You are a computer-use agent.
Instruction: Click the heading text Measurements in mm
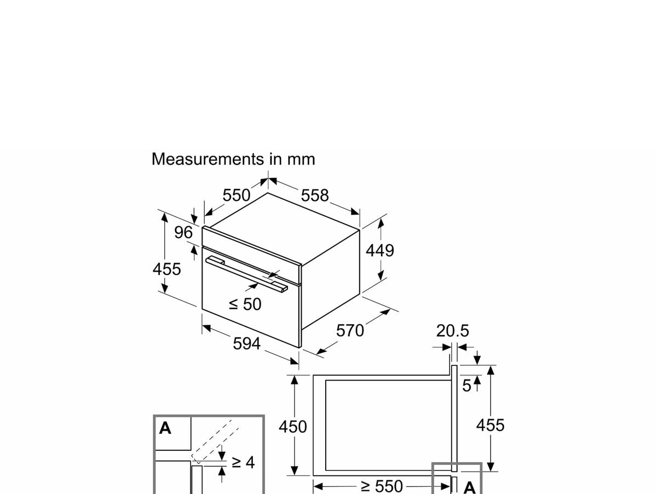tap(233, 159)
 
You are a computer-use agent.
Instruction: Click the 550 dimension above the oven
tap(237, 196)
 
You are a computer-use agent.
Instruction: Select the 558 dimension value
tap(315, 196)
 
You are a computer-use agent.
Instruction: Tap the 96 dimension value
tap(183, 233)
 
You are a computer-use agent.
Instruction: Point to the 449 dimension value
tap(379, 250)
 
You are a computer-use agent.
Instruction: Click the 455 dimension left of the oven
tap(166, 269)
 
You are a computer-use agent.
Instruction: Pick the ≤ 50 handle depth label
tap(245, 304)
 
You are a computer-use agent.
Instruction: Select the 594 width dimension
tap(247, 344)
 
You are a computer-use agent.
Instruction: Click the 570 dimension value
tap(350, 331)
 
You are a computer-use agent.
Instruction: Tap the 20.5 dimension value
tap(453, 331)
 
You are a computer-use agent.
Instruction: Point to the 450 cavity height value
tap(293, 427)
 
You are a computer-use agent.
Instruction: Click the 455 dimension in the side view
tap(490, 425)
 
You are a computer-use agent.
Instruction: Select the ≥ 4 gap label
tap(243, 462)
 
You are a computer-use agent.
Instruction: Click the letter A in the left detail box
tap(165, 428)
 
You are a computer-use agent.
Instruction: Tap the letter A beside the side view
tap(469, 487)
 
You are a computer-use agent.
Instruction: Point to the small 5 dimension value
tap(466, 386)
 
